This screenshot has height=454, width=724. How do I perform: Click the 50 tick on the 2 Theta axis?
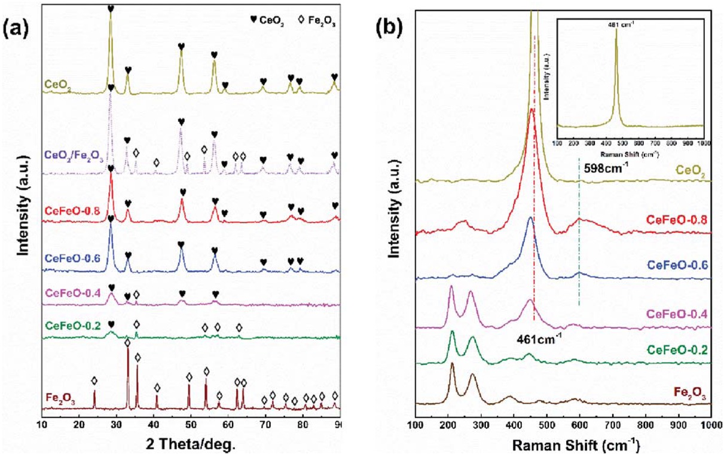pos(191,424)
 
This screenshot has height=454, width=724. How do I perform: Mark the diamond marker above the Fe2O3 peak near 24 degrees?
pos(94,381)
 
